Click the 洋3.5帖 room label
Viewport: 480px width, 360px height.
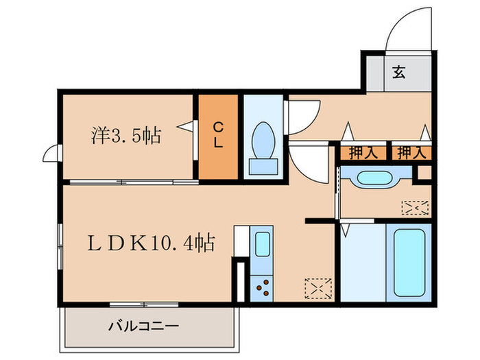click(126, 136)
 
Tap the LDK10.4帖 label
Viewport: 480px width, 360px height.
click(152, 243)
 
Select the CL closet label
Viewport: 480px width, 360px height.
click(218, 135)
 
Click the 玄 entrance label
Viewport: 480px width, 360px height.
click(399, 72)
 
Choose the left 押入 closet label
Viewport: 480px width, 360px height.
click(363, 152)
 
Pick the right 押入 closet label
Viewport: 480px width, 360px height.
click(411, 152)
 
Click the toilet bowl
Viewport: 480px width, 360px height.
click(263, 141)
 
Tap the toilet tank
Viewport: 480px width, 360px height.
click(263, 167)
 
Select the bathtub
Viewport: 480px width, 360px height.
click(409, 263)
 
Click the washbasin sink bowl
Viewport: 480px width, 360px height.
click(375, 178)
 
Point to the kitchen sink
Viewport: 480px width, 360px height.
click(263, 244)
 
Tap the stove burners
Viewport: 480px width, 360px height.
click(263, 288)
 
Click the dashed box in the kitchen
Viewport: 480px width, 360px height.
click(318, 289)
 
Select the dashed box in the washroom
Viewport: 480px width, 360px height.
click(415, 208)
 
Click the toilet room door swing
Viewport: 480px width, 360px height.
click(310, 123)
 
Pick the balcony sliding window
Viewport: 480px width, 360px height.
click(144, 304)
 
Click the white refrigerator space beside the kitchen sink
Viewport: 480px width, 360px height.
click(241, 241)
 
